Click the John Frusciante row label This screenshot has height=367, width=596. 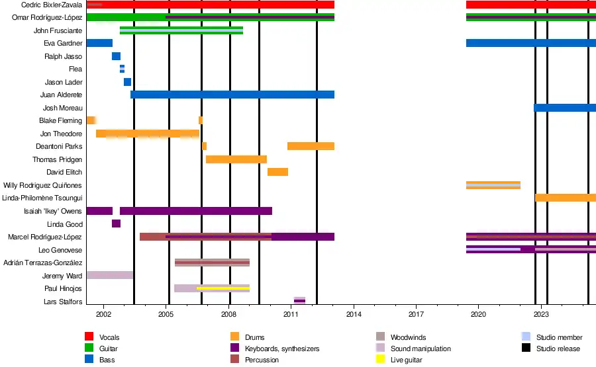pos(58,30)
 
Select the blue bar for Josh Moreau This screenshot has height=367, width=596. pos(564,108)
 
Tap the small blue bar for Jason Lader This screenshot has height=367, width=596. pos(127,82)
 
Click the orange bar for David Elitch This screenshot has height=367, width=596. pos(277,172)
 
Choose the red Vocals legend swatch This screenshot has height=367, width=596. pos(89,338)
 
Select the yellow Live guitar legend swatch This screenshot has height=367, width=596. pos(381,360)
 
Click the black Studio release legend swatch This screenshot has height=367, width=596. pos(526,348)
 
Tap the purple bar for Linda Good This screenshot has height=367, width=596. pos(116,224)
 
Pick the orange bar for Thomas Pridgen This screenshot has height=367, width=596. pos(236,159)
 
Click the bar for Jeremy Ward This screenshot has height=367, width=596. pos(109,275)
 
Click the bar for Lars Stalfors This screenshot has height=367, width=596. pos(299,301)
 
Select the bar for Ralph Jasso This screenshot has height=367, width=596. pos(116,56)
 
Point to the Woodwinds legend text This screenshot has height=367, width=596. pos(409,338)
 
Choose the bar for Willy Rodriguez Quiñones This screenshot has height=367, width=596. pos(493,185)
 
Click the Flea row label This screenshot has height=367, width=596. pos(75,69)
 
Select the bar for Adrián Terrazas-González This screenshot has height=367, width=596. pos(212,263)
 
